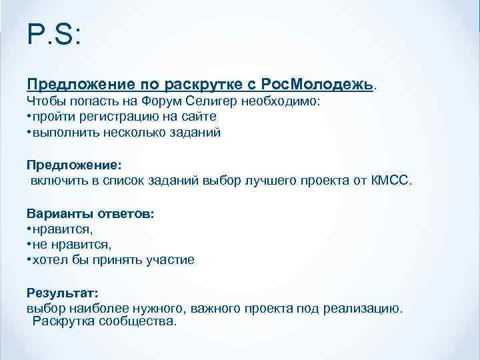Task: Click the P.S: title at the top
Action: (53, 35)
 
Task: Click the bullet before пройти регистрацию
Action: (29, 117)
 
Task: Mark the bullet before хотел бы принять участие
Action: (29, 259)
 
